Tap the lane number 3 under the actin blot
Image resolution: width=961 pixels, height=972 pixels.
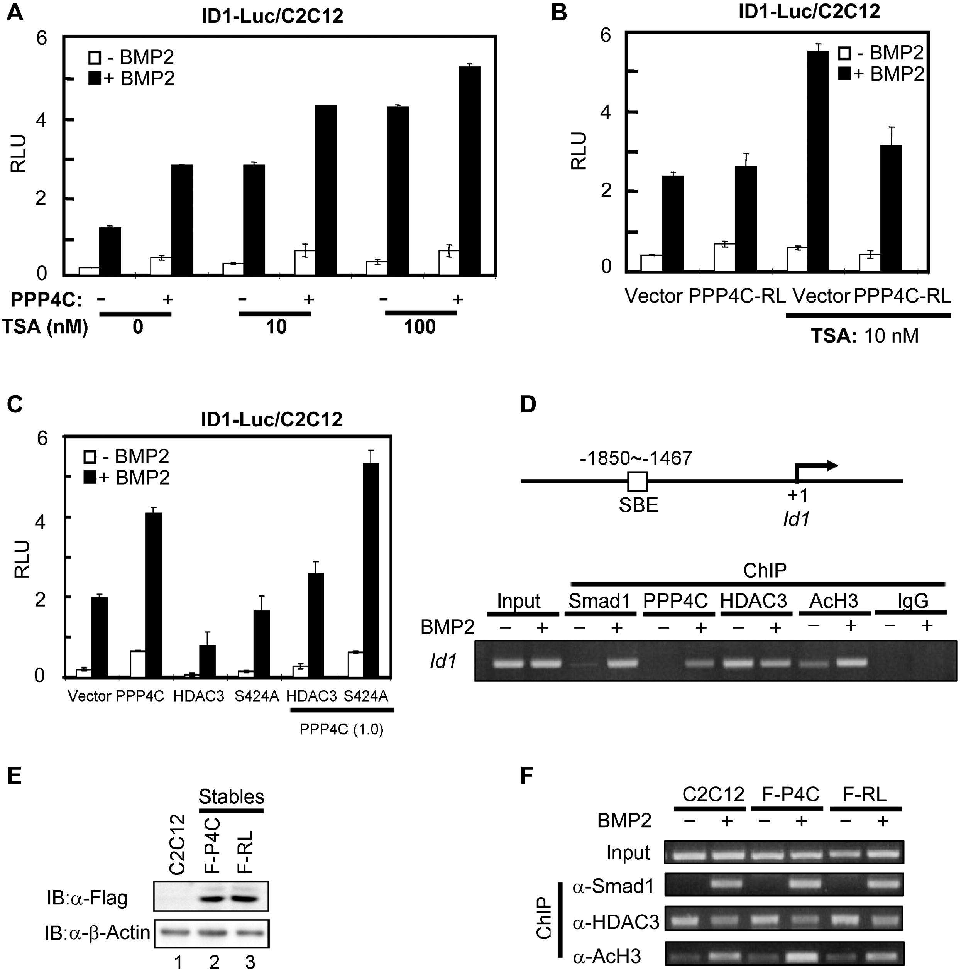pos(250,962)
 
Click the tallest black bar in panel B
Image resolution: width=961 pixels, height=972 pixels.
pos(817,161)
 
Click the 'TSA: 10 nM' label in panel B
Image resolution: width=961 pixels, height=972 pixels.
pos(865,336)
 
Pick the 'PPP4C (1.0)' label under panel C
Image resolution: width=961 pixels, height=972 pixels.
pos(342,729)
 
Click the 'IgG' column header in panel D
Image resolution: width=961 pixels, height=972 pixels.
pos(913,601)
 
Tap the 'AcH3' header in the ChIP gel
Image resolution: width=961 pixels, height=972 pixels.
pos(833,601)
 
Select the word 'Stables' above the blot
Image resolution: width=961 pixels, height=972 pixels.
pos(232,796)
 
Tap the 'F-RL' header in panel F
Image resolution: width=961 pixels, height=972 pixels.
pos(865,794)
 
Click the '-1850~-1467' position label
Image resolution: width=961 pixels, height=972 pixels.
pos(636,458)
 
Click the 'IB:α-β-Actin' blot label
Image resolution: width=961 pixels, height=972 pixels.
pos(99,932)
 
